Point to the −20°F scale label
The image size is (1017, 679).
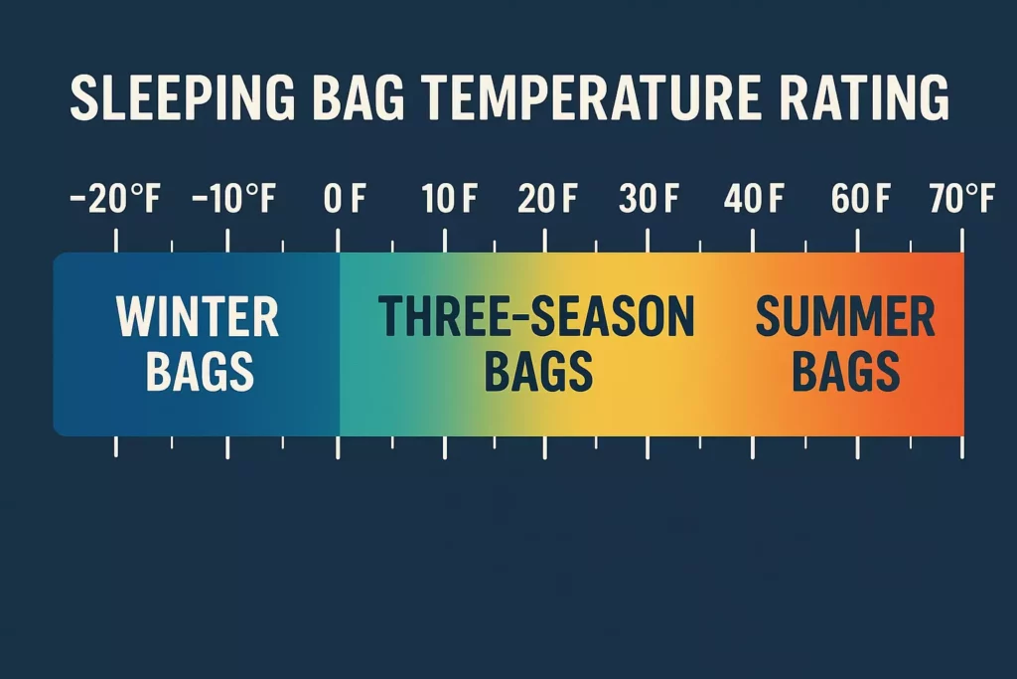pyautogui.click(x=115, y=200)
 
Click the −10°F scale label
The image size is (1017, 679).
pyautogui.click(x=232, y=200)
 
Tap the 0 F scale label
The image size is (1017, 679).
pyautogui.click(x=345, y=200)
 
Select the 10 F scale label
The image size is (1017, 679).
pyautogui.click(x=449, y=200)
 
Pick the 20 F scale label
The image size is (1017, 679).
pyautogui.click(x=547, y=200)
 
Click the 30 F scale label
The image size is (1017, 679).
pyautogui.click(x=649, y=200)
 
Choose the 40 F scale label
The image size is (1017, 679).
pyautogui.click(x=754, y=200)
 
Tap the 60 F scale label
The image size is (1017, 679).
pyautogui.click(x=860, y=200)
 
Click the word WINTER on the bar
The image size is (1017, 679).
pyautogui.click(x=198, y=318)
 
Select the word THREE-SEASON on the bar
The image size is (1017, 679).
pyautogui.click(x=536, y=318)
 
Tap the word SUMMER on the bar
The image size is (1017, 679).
pyautogui.click(x=845, y=318)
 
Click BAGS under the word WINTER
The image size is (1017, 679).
pyautogui.click(x=200, y=371)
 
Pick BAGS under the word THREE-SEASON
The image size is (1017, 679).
pyautogui.click(x=538, y=371)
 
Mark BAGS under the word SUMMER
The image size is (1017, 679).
pyautogui.click(x=846, y=371)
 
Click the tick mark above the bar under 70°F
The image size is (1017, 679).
pyautogui.click(x=961, y=241)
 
